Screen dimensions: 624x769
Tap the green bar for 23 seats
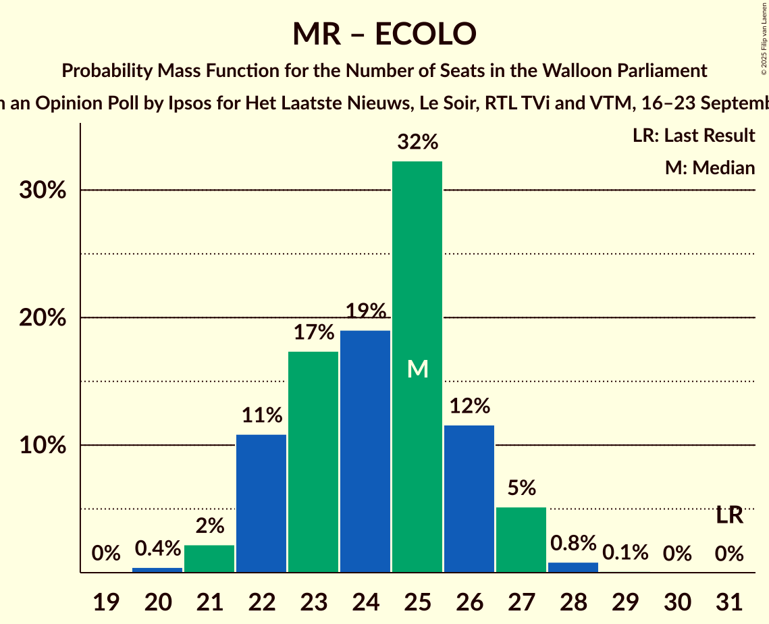313,462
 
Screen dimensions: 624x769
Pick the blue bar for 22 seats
261,503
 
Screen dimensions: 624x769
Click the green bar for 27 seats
521,540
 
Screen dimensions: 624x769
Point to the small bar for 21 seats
209,558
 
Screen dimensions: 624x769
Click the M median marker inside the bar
418,369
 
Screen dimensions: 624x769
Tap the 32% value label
418,142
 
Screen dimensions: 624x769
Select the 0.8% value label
573,543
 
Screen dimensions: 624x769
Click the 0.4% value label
157,548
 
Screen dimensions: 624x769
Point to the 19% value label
365,311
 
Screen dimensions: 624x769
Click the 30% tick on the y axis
42,190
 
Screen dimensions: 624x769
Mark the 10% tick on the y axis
42,446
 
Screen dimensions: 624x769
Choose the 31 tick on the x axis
729,601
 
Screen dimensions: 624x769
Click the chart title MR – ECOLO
384,34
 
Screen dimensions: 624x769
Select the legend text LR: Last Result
693,136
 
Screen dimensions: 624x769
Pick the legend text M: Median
710,167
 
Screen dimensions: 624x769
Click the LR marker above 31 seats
729,516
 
